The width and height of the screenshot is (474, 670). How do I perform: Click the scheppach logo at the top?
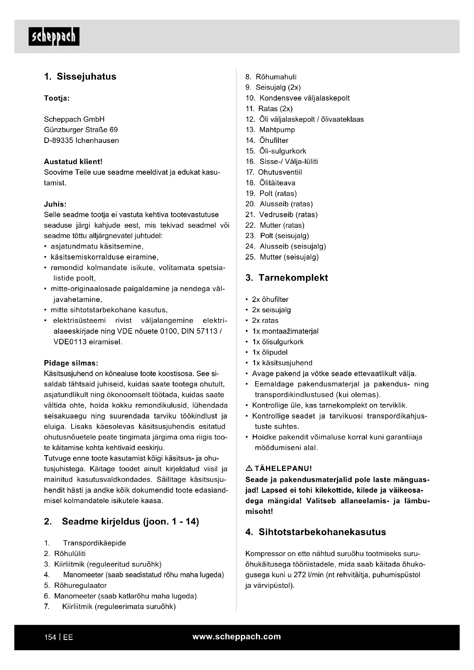pos(54,36)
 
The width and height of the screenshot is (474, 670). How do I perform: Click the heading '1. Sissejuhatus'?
pos(80,76)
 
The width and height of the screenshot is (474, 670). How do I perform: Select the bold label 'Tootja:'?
pos(57,98)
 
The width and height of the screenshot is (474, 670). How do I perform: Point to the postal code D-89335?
pos(58,140)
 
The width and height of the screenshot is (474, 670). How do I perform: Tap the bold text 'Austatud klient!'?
pos(73,162)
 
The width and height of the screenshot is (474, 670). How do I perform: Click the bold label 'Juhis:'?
pos(55,204)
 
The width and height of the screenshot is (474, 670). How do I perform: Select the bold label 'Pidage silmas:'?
pos(71,363)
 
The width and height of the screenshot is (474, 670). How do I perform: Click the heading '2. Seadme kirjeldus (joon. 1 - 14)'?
pos(122,521)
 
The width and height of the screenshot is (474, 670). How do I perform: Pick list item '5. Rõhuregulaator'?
pos(75,585)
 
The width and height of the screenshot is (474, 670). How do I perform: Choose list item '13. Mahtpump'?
pos(270,129)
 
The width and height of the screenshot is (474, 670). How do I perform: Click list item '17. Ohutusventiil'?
pos(274,172)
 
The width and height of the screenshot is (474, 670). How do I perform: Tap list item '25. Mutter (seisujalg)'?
pos(282,257)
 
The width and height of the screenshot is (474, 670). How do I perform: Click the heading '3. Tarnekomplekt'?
pos(287,278)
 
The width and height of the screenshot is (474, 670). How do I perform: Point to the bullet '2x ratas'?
pos(265,321)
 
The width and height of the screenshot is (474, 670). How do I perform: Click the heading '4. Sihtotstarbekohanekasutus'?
pos(316,532)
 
